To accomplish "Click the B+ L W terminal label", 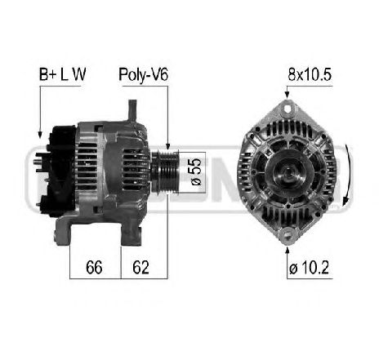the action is click(x=62, y=74).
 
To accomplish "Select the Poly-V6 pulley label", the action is click(x=144, y=74).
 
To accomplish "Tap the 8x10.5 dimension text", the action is click(x=310, y=74).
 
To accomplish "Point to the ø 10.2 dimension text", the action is click(x=309, y=268).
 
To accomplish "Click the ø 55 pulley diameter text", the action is click(x=196, y=171).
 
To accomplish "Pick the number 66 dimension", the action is click(x=94, y=267).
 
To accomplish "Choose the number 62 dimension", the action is click(x=140, y=267).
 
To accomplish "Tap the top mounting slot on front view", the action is click(x=288, y=109).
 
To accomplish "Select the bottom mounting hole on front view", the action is click(x=288, y=234).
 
